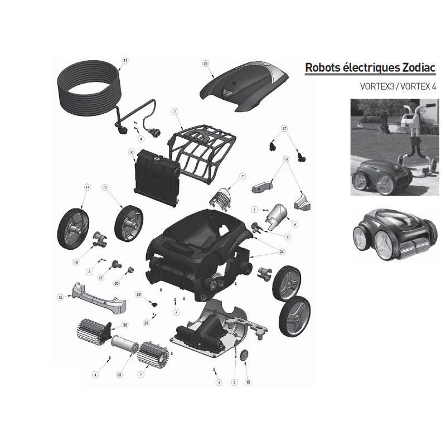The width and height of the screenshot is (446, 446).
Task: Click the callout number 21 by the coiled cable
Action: (x=124, y=61)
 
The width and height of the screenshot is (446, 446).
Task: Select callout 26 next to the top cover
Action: (x=205, y=64)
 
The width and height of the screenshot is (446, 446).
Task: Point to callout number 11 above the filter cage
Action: (x=174, y=112)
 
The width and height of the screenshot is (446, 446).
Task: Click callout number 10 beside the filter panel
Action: (x=131, y=152)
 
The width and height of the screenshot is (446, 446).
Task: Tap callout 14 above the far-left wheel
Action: (x=88, y=187)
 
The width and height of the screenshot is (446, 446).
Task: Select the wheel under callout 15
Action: (x=129, y=224)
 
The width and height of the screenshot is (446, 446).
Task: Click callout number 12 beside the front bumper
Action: (x=60, y=298)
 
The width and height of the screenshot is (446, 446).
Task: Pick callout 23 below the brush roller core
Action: (x=119, y=375)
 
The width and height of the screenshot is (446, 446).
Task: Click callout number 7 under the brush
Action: (x=141, y=375)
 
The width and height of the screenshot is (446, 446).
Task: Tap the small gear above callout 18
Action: (x=244, y=356)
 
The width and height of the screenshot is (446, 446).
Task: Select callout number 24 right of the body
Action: (x=282, y=252)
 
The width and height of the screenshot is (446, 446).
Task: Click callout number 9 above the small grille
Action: (x=243, y=176)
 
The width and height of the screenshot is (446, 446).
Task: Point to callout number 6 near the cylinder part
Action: (x=295, y=225)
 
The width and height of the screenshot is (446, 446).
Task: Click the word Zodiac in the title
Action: (x=419, y=67)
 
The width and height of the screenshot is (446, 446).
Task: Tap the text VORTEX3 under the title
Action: (x=377, y=86)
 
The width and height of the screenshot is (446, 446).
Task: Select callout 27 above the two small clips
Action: (x=284, y=129)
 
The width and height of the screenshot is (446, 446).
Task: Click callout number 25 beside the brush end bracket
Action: (x=125, y=325)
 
